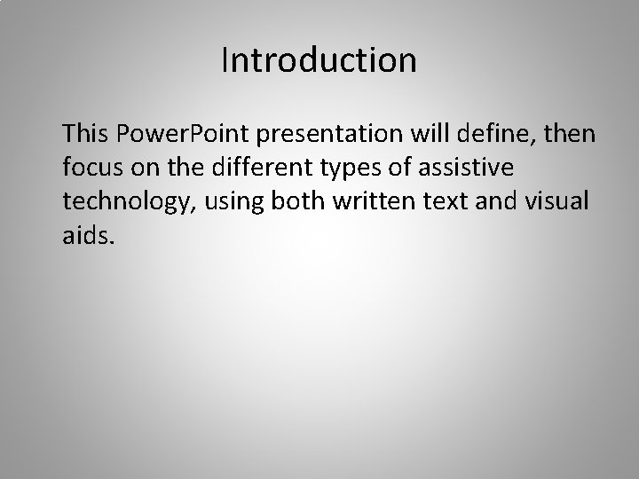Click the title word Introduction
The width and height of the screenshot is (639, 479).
pos(319,60)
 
